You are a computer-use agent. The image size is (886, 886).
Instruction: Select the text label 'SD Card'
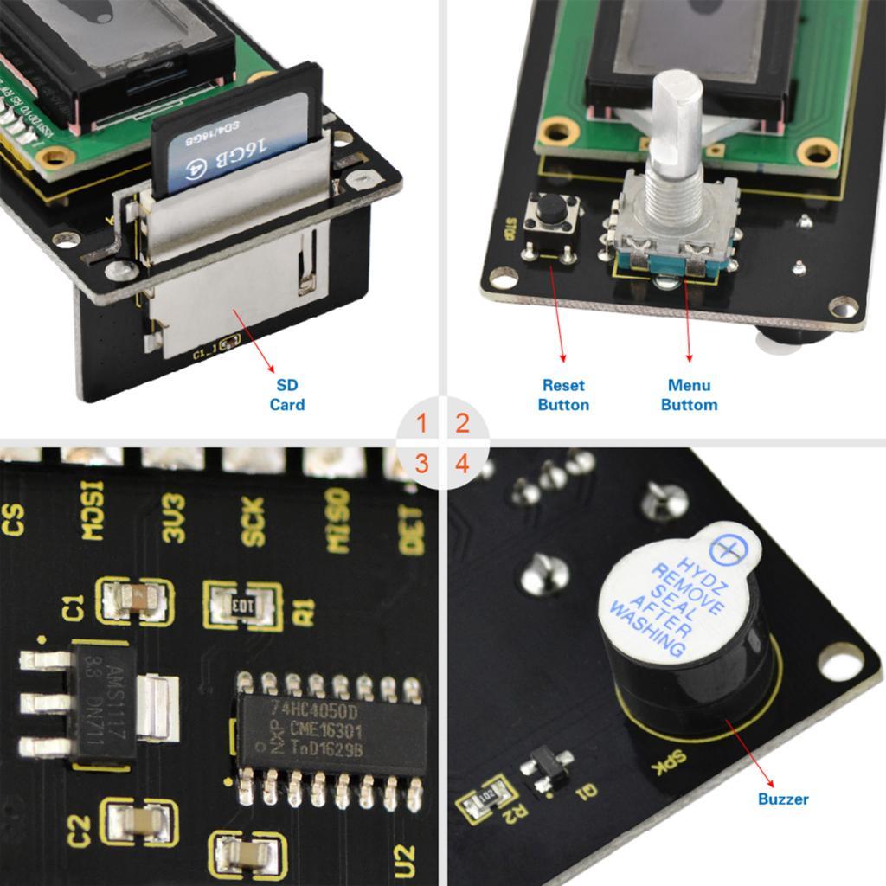287,395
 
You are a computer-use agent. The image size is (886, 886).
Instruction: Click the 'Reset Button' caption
563,395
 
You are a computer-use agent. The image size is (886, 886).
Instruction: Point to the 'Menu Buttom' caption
690,395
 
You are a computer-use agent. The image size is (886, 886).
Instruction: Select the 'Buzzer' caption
783,799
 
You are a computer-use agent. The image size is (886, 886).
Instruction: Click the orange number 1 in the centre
421,424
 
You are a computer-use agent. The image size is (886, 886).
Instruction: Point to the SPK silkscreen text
671,761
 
